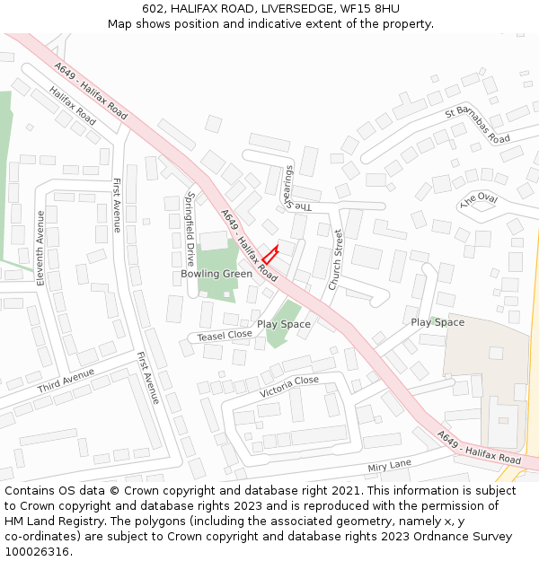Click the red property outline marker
coord(269,256)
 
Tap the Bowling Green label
coord(216,274)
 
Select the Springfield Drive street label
coord(190,221)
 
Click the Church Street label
coord(335,260)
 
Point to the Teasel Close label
coord(225,335)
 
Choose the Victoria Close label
coord(288,387)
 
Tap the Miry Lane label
coord(389,466)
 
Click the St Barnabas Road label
coord(477,126)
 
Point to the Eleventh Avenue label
coord(40,248)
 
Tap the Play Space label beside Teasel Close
coord(284,324)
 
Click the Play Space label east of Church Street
coord(437,322)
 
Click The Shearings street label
coord(295,188)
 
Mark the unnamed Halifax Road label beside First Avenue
coord(73,106)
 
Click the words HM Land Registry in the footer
coord(49,521)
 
